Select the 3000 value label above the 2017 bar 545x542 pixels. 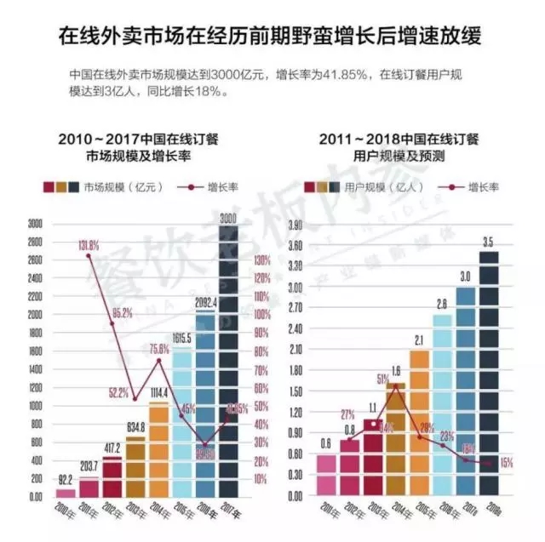(x=228, y=220)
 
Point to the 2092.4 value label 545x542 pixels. (x=206, y=301)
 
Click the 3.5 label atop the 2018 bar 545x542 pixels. (x=487, y=243)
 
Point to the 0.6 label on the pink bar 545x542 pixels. (x=326, y=442)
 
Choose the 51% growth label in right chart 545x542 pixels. (x=382, y=379)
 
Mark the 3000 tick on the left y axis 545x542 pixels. (x=35, y=224)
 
